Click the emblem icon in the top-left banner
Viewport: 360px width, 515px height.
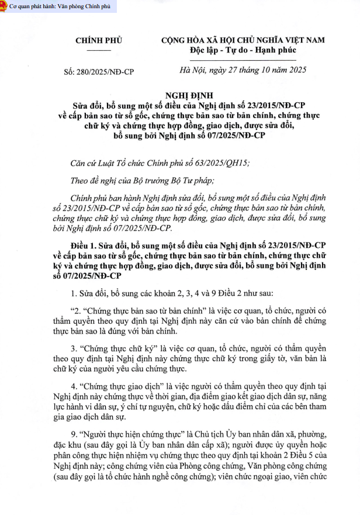pos(4,6)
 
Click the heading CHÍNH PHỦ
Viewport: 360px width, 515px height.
pos(99,40)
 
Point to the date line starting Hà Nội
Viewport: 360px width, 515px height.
pos(243,72)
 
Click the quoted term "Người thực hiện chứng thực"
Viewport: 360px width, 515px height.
pos(127,435)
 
